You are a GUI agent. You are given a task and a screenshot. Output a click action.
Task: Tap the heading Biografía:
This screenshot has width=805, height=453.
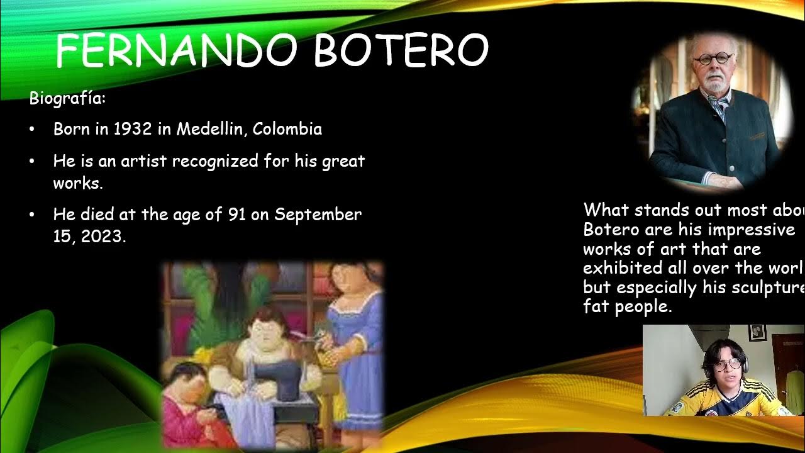[x=68, y=99]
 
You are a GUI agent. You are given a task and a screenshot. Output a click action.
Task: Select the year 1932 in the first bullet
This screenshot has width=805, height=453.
[x=133, y=129]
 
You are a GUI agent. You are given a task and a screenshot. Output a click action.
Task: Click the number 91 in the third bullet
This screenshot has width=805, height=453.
[x=236, y=215]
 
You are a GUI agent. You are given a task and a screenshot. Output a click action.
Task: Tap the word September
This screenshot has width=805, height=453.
[x=318, y=215]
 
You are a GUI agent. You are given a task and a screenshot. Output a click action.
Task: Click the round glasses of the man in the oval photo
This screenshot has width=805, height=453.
[x=713, y=59]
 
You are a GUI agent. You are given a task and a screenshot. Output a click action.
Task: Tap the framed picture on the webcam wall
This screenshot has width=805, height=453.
[x=757, y=332]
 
